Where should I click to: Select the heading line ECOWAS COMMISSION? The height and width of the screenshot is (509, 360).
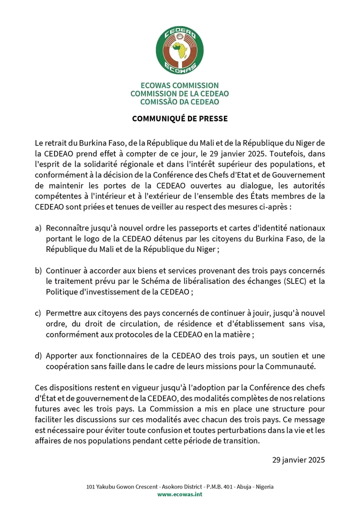179,86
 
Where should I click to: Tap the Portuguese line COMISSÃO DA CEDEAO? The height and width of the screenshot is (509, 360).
179,101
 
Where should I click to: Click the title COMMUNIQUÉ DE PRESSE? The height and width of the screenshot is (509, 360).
179,119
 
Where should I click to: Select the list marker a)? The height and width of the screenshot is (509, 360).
38,228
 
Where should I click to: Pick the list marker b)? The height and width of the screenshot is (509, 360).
38,270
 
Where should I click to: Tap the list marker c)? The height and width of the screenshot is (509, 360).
38,313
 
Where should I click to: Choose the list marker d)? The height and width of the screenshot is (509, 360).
38,356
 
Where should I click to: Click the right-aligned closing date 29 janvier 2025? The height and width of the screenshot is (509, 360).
298,459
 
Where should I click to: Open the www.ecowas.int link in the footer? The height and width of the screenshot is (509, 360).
179,494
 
